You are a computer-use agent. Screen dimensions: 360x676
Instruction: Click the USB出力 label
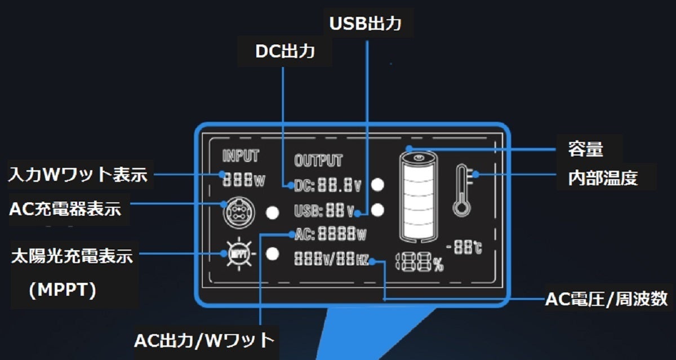click(365, 24)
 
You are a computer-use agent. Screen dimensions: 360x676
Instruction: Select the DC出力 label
click(284, 51)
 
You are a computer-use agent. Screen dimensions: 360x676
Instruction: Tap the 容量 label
click(585, 149)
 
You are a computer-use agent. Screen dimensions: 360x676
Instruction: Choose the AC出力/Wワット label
click(204, 341)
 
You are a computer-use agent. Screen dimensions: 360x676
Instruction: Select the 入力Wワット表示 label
click(78, 175)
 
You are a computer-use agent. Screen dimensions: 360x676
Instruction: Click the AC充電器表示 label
click(65, 208)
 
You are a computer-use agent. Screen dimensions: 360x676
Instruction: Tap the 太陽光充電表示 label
click(72, 257)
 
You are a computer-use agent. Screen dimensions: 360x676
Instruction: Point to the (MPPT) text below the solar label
click(63, 290)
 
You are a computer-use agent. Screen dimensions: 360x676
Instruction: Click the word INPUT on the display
click(241, 155)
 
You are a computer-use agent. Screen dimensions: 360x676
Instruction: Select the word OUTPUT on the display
click(318, 161)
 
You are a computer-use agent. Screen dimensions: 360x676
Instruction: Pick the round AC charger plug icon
click(236, 213)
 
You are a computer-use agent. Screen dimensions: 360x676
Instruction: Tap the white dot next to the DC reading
click(378, 184)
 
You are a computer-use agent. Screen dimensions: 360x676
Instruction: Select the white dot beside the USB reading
click(378, 210)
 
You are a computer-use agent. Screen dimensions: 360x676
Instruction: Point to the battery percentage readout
click(420, 262)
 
